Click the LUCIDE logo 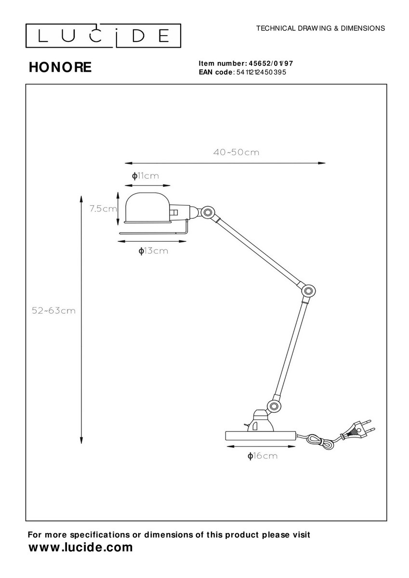click(x=103, y=36)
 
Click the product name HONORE click(x=60, y=67)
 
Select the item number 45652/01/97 click(x=270, y=64)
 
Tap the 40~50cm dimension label click(x=236, y=152)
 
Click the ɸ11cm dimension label click(x=145, y=176)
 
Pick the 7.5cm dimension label click(x=103, y=209)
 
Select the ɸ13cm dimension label click(x=153, y=251)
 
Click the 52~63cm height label click(x=53, y=310)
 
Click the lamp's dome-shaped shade click(x=147, y=208)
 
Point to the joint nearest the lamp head click(x=207, y=212)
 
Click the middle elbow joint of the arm click(x=307, y=291)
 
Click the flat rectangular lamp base click(x=261, y=436)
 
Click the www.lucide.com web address click(x=81, y=547)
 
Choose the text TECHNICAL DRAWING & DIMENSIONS click(x=320, y=28)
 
